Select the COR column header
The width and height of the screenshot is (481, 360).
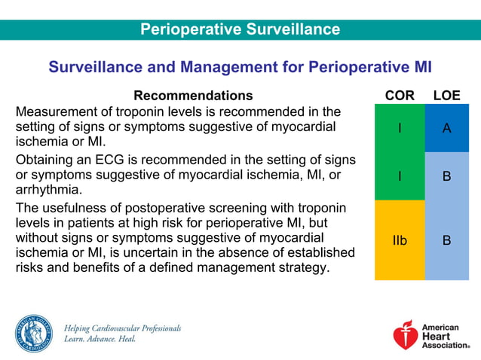pos(399,96)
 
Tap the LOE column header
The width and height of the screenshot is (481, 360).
pos(446,96)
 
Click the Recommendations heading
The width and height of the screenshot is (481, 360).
pos(193,96)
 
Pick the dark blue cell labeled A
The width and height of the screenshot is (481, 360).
pos(446,128)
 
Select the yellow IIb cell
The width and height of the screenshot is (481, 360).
pos(399,240)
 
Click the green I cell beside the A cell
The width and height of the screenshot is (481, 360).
pos(399,128)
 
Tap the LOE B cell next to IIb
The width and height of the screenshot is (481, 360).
pos(446,240)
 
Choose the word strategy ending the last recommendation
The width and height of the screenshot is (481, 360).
pos(302,267)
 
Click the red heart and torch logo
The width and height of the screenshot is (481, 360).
pos(406,335)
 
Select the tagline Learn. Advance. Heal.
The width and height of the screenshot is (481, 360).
pos(100,340)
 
